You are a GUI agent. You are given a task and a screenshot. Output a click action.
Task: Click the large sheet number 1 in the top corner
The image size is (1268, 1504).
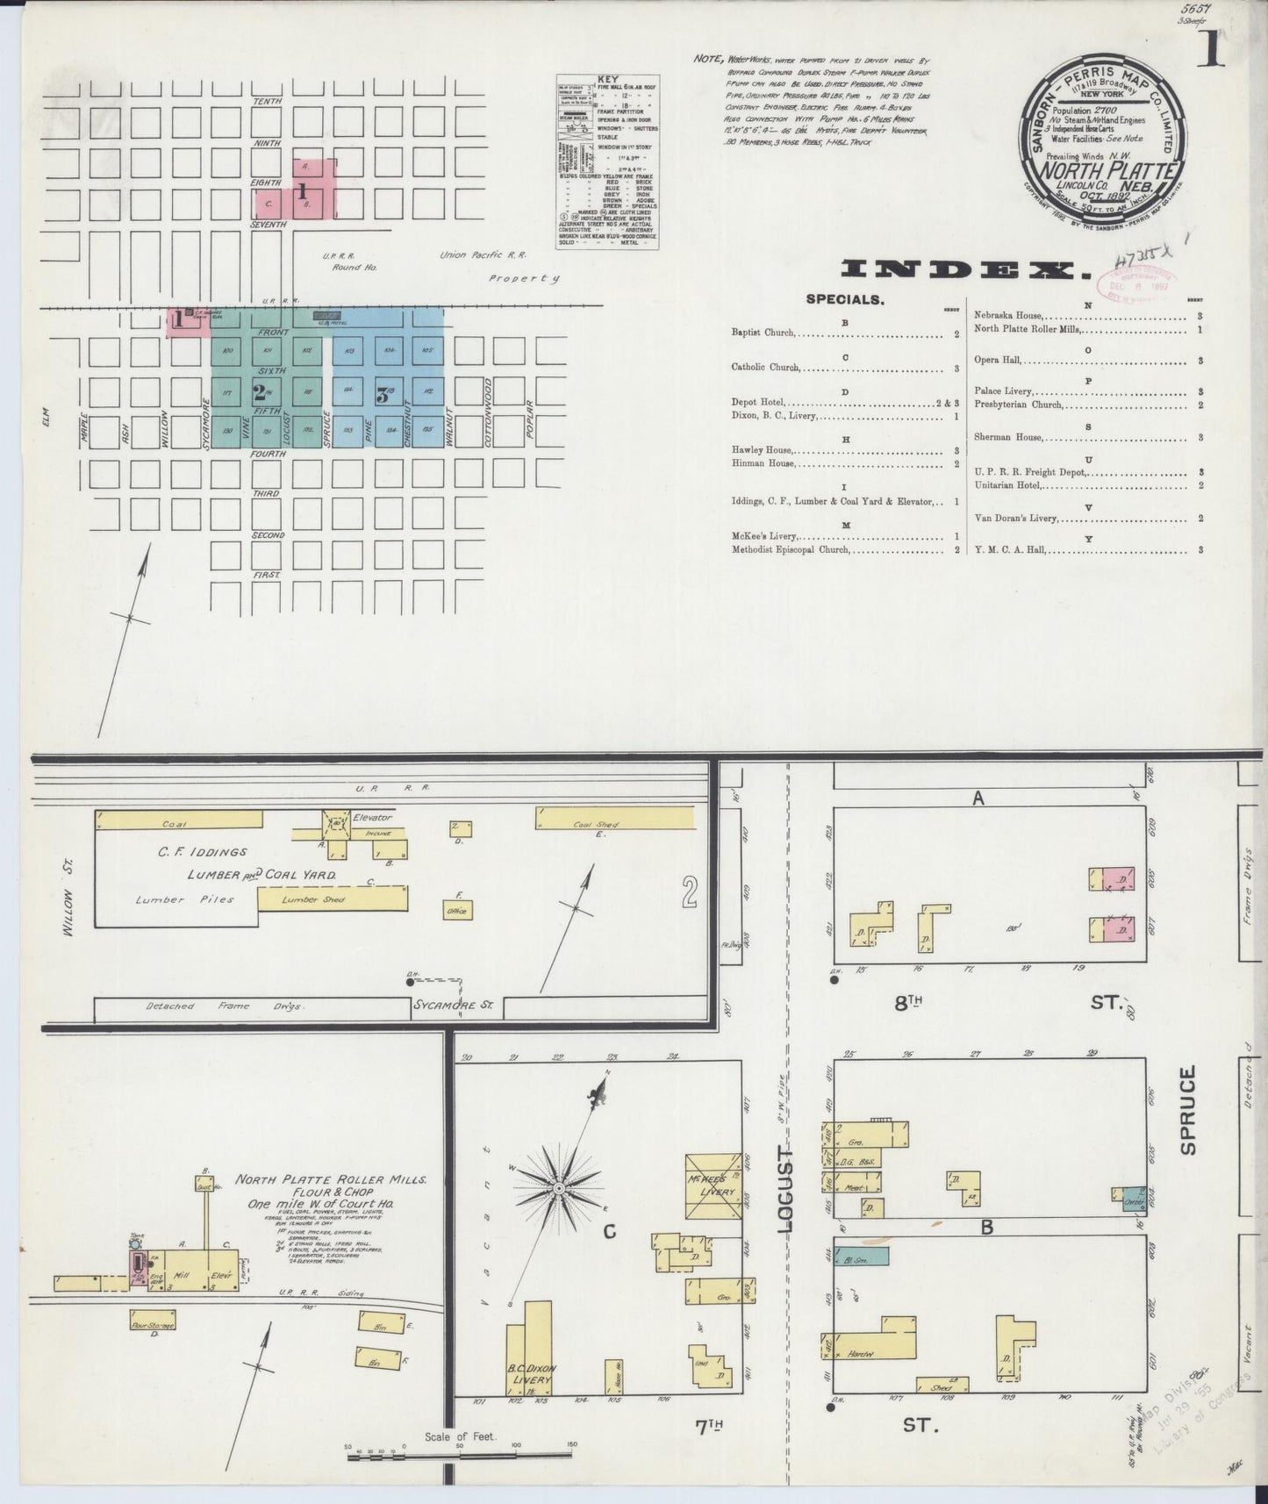coord(1215,50)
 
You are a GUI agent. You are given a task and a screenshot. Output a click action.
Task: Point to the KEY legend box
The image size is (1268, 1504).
coord(607,162)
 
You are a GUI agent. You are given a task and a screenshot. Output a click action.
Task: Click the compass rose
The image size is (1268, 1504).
coord(557,1188)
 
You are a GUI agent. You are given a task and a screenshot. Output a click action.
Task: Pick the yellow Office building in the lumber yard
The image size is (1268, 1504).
coord(456,911)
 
